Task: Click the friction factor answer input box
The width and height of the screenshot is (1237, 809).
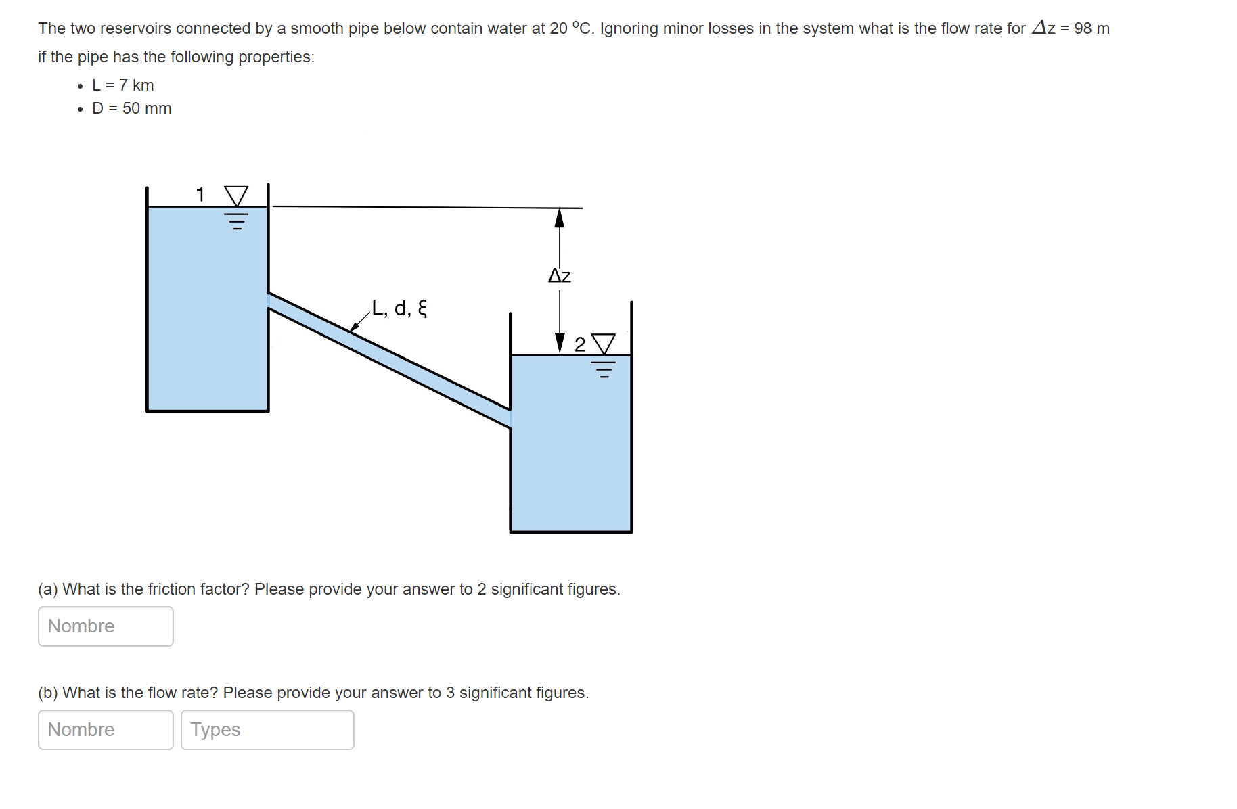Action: (106, 626)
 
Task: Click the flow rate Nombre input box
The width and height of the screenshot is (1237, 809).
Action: (106, 730)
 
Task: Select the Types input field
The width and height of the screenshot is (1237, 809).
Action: (267, 730)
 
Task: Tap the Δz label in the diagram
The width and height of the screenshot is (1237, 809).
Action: (560, 275)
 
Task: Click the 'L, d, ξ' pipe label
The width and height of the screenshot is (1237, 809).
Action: (399, 308)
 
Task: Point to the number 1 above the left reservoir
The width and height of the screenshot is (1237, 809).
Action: (200, 195)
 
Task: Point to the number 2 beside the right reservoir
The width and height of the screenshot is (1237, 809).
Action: (580, 345)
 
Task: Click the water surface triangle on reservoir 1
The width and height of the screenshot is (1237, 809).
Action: (236, 196)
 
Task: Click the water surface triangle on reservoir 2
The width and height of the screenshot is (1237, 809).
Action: (604, 344)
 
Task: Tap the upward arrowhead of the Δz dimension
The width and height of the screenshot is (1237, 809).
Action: (559, 218)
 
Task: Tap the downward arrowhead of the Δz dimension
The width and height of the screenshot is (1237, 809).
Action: (560, 342)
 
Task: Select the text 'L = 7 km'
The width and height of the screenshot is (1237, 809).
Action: (123, 85)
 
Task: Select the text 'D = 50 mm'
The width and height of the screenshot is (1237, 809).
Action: (132, 108)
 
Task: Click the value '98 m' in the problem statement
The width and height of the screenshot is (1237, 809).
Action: (1092, 28)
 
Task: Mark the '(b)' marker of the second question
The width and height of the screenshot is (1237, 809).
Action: (48, 693)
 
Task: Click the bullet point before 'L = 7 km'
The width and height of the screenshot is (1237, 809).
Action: (81, 86)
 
